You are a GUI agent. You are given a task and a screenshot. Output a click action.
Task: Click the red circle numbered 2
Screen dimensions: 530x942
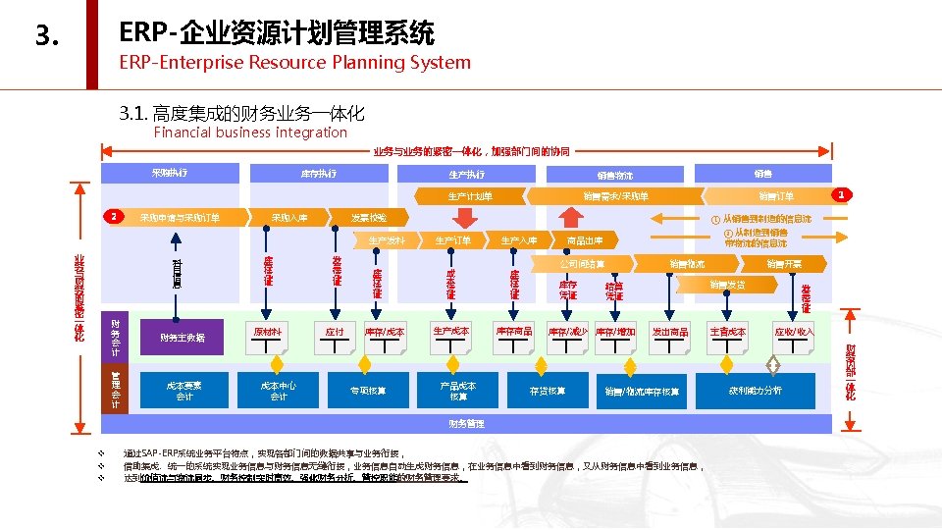pos(114,216)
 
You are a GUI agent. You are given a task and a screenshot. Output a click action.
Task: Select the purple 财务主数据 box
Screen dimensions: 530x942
pos(183,338)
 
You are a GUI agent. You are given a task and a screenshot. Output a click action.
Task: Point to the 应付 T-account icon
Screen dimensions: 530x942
pos(335,334)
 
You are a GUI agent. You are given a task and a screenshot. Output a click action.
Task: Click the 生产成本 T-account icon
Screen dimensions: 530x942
pos(450,334)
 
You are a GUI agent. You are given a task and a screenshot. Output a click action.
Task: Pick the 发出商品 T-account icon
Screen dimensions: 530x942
pos(670,334)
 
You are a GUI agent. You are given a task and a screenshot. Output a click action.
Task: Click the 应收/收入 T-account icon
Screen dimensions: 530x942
pos(793,334)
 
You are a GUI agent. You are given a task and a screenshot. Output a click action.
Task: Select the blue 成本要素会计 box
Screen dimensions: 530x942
pos(183,390)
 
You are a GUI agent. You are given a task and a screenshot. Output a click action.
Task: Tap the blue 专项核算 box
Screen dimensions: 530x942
pos(368,391)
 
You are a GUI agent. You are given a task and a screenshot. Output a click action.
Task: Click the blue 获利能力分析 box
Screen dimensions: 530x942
pos(755,391)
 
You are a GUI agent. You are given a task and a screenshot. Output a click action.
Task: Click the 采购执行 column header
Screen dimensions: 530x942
pos(170,174)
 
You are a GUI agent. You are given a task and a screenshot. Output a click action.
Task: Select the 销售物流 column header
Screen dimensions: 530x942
pos(615,176)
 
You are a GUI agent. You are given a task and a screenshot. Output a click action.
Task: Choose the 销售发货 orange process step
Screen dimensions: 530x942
pos(727,285)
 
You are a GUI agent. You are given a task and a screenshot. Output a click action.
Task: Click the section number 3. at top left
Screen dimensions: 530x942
pos(47,37)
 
